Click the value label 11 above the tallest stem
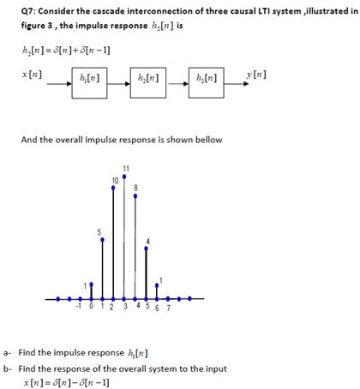click(x=126, y=166)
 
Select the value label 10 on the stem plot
click(x=115, y=179)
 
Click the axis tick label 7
click(x=168, y=308)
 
